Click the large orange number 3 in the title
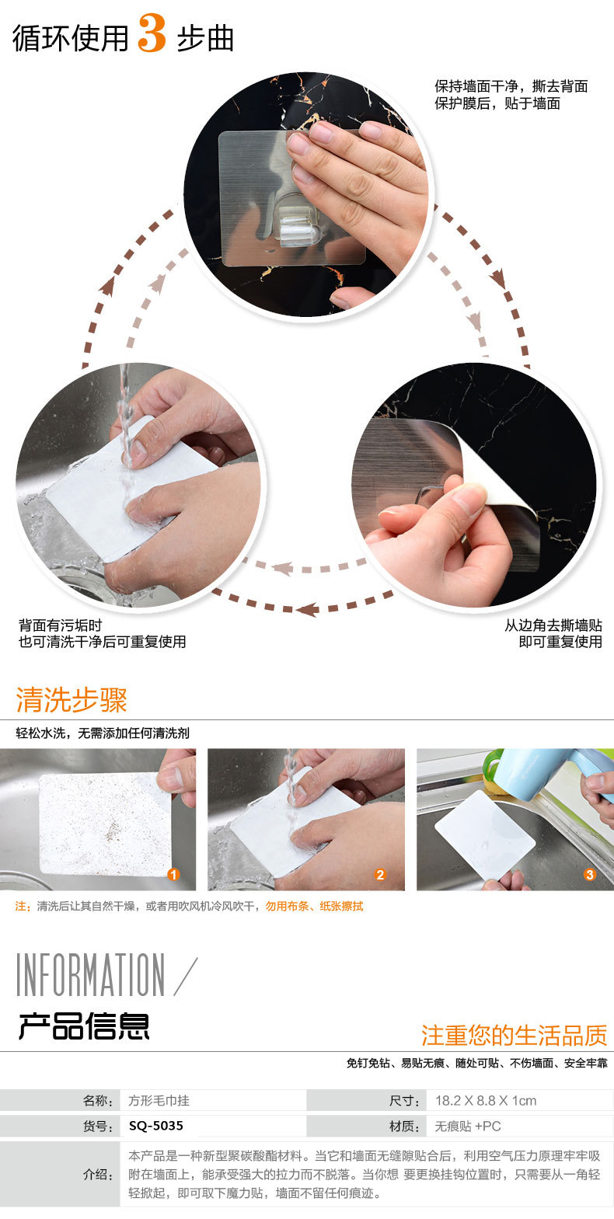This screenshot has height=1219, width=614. pyautogui.click(x=152, y=33)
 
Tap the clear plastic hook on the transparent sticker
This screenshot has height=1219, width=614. pyautogui.click(x=298, y=225)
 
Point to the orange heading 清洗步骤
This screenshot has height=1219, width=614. pyautogui.click(x=72, y=699)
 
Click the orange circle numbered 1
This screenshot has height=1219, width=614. pyautogui.click(x=173, y=875)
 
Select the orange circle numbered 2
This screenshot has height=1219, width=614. pyautogui.click(x=380, y=875)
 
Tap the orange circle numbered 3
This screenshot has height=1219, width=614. pyautogui.click(x=589, y=875)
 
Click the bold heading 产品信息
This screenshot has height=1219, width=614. pyautogui.click(x=84, y=1026)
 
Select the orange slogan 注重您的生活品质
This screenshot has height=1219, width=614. pyautogui.click(x=514, y=1035)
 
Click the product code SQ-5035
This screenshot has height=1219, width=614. pyautogui.click(x=155, y=1126)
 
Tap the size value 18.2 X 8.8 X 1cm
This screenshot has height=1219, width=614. pyautogui.click(x=486, y=1100)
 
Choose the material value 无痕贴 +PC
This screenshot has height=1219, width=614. pyautogui.click(x=468, y=1126)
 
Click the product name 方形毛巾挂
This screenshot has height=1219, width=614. pyautogui.click(x=159, y=1100)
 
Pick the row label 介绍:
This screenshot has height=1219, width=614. pyautogui.click(x=98, y=1175)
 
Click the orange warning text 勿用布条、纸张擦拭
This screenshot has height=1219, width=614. pyautogui.click(x=314, y=906)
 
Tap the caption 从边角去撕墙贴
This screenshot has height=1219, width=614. pyautogui.click(x=553, y=625)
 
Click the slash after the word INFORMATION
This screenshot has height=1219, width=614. pyautogui.click(x=186, y=977)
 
